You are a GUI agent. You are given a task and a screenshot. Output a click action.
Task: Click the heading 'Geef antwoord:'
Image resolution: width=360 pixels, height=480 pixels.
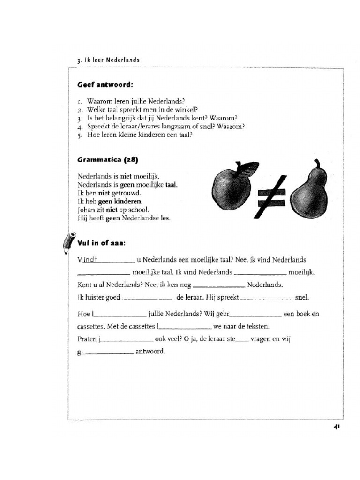tap(105, 85)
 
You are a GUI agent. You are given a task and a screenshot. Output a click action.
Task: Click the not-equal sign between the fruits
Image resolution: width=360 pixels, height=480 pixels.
tap(270, 196)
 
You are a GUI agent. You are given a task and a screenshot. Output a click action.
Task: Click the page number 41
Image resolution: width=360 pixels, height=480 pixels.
tap(337, 427)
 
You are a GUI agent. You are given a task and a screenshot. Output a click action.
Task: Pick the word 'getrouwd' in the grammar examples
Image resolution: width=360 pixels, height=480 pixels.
tap(126, 193)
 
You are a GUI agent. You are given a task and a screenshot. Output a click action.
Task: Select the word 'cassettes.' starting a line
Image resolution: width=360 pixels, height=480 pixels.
tap(92, 327)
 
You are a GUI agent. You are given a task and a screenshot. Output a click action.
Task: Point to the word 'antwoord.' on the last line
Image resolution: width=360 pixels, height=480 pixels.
tap(150, 351)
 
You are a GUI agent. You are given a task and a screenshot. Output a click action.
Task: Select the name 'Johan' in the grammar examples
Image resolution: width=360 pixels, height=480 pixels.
tap(87, 210)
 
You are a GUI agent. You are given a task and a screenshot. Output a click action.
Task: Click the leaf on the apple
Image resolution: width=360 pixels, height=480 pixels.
tap(248, 168)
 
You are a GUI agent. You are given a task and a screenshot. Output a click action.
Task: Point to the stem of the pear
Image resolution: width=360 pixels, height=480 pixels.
tap(317, 164)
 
